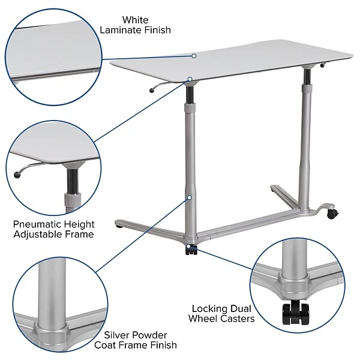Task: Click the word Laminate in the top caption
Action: [122, 30]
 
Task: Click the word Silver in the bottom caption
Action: [117, 335]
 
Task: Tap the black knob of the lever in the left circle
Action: [18, 175]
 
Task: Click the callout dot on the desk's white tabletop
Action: [194, 55]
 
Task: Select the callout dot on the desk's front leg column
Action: [189, 197]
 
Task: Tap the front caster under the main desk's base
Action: [191, 249]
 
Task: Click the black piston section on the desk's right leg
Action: [307, 77]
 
